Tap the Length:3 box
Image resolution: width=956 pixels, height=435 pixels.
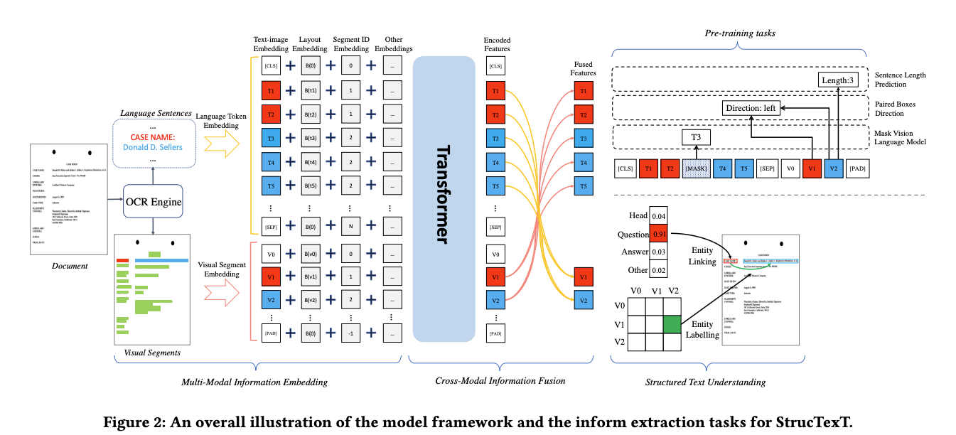tap(839, 80)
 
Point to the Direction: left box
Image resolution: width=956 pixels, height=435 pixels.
tap(750, 109)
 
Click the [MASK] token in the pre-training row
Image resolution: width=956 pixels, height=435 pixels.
tap(696, 168)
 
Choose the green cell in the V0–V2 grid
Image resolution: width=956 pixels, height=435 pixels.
tap(672, 324)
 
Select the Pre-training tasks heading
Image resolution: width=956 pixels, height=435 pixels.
tap(739, 34)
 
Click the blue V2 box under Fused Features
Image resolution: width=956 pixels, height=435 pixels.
tap(583, 301)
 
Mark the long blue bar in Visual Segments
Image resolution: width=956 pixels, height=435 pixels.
tap(161, 261)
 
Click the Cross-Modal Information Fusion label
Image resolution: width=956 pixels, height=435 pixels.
tap(500, 381)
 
